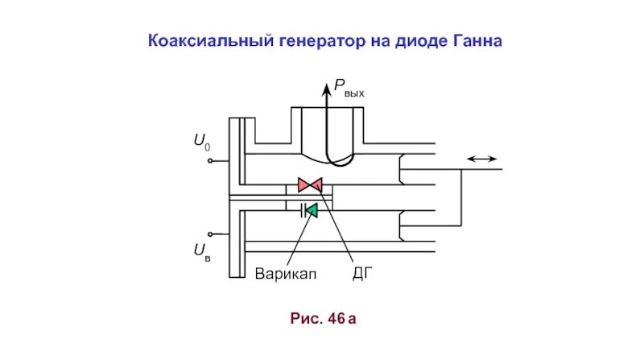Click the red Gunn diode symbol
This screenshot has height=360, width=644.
[x=310, y=184]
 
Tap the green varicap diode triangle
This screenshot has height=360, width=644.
[x=312, y=210]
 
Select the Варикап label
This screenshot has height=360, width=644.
[x=287, y=274]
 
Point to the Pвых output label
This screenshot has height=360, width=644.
[x=349, y=91]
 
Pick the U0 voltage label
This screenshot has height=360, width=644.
[x=201, y=144]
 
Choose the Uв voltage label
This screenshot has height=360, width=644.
[x=202, y=253]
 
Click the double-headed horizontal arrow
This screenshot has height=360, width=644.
[x=481, y=159]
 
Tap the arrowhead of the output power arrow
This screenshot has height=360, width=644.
[x=327, y=86]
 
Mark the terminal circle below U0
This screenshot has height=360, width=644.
[x=210, y=161]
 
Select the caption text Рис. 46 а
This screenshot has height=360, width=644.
[x=322, y=320]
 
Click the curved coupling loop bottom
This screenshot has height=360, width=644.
[x=338, y=163]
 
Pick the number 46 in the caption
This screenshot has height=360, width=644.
[x=336, y=320]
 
